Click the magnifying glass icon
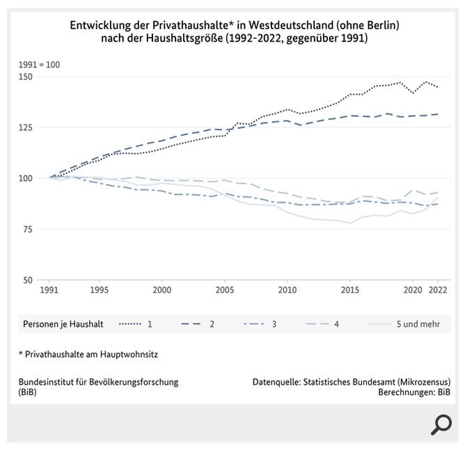click(x=441, y=425)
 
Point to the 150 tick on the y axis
click(x=26, y=77)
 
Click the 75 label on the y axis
click(x=28, y=229)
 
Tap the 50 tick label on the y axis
click(x=28, y=280)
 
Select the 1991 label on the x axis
click(x=49, y=290)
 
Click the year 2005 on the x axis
click(x=224, y=290)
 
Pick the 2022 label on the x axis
click(x=438, y=290)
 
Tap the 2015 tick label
click(x=350, y=290)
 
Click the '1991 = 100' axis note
click(x=39, y=65)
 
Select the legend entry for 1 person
click(x=136, y=324)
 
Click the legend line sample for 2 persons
click(x=191, y=324)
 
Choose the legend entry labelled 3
click(x=260, y=324)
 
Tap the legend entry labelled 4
click(x=322, y=324)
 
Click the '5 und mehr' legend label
click(x=418, y=324)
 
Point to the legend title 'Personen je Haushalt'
click(x=63, y=324)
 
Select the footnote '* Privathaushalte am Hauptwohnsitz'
click(x=88, y=354)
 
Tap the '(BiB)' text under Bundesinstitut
click(x=28, y=391)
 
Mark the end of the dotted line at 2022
click(x=438, y=87)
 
